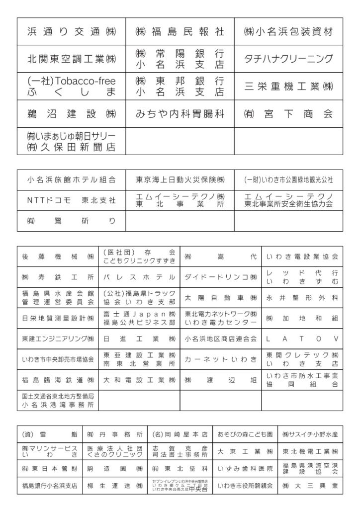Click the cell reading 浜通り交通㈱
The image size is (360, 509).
71,32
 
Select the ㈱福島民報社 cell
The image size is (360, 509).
180,32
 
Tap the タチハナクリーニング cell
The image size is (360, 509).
288,59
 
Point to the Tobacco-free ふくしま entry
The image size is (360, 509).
71,86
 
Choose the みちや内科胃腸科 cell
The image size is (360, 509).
180,114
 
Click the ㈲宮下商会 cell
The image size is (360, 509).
288,114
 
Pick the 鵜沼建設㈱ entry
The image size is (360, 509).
71,114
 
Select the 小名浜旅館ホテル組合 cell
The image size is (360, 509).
71,179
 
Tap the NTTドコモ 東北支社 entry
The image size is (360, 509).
71,200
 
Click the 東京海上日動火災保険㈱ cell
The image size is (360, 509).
180,179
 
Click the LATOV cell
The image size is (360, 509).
302,339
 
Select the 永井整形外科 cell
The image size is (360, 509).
302,297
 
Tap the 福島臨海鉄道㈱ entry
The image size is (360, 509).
58,380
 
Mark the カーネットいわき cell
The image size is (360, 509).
220,359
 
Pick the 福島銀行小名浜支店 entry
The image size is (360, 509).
49,485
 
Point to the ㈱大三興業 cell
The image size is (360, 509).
310,485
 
